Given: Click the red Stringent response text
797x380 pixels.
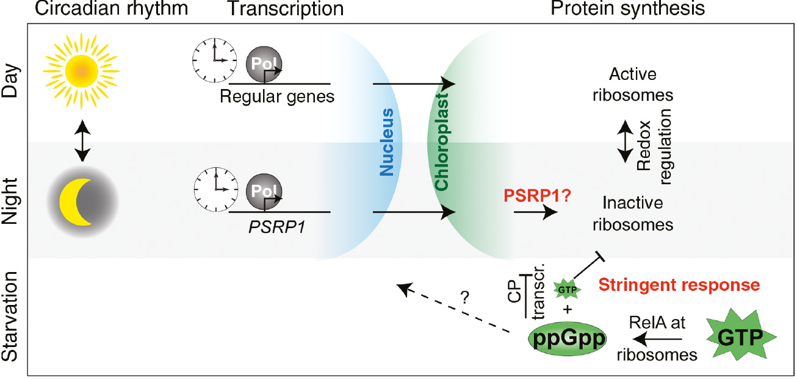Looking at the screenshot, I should point(679,284).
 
